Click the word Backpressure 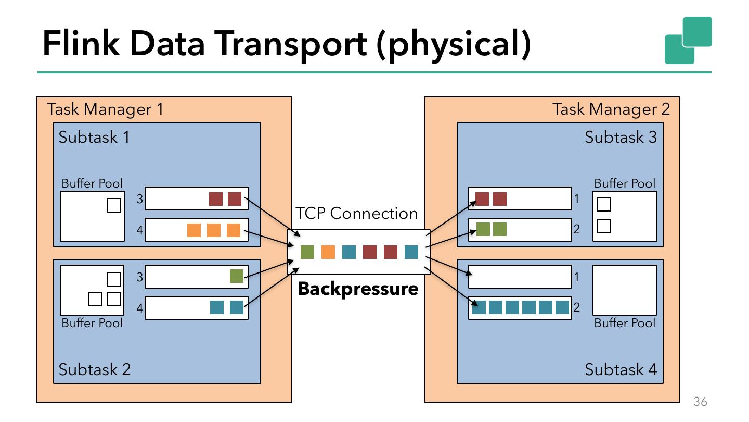click(358, 289)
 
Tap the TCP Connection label click(356, 214)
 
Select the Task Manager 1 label click(105, 109)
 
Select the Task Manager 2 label click(611, 109)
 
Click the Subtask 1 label click(94, 137)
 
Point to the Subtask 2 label click(94, 369)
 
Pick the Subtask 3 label click(621, 137)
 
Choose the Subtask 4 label click(621, 369)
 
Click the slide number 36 click(701, 402)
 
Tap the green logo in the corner click(688, 40)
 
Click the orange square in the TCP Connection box click(328, 252)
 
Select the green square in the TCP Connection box click(307, 252)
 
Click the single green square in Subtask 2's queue click(237, 276)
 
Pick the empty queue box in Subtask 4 click(520, 277)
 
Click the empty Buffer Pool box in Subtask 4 click(625, 290)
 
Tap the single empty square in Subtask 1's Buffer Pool click(114, 205)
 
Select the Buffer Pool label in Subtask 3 click(625, 183)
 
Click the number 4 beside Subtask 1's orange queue click(139, 230)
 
